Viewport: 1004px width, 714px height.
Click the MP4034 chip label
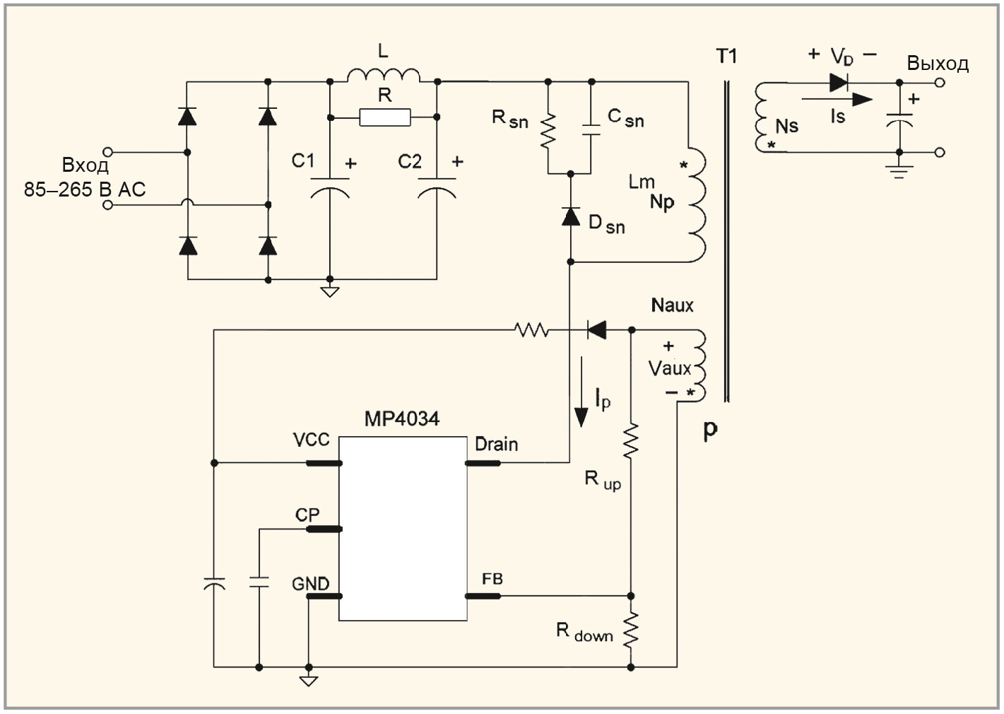point(401,419)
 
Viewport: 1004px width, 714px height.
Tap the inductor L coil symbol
point(384,76)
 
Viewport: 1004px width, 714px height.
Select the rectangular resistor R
point(384,117)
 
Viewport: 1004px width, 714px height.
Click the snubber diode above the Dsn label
point(570,216)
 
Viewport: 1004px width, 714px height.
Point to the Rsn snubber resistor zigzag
point(548,131)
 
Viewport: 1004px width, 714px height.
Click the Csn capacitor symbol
point(591,130)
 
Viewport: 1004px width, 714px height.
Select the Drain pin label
point(496,445)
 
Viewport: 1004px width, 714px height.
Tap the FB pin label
point(492,579)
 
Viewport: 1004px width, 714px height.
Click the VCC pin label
point(311,440)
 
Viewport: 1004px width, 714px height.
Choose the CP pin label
point(307,515)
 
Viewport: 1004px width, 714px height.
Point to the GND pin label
point(310,583)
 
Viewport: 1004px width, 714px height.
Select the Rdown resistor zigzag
point(631,629)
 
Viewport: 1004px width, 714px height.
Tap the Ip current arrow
point(581,392)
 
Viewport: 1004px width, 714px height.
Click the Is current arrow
point(837,99)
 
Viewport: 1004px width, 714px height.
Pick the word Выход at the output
point(938,64)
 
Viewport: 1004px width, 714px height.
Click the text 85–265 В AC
point(85,189)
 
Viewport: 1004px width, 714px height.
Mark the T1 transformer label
point(726,56)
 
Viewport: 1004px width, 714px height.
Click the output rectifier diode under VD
point(838,83)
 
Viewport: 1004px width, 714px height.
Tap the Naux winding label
point(672,305)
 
